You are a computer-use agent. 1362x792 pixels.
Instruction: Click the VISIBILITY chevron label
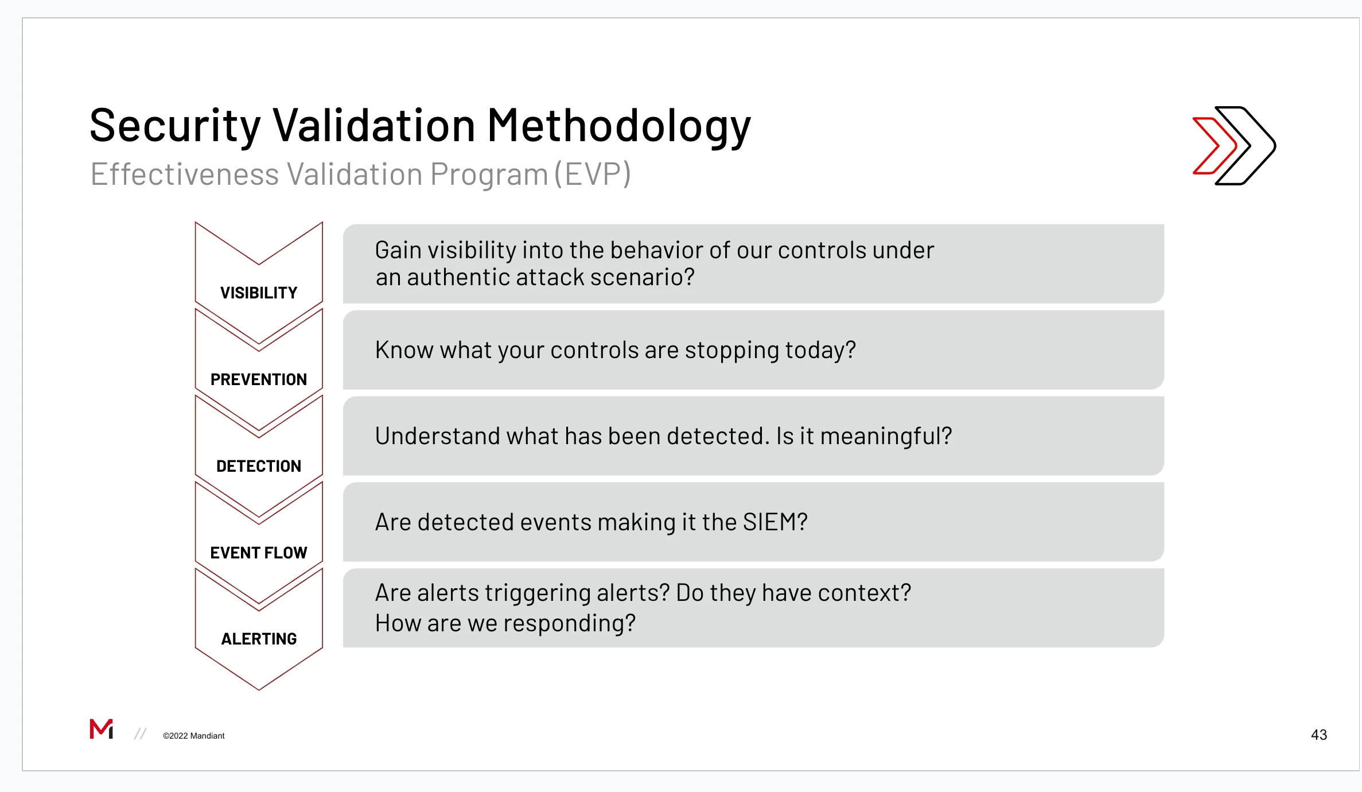(259, 293)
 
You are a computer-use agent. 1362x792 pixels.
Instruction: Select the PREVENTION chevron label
(259, 379)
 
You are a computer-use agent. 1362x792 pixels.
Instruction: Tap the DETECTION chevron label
(259, 466)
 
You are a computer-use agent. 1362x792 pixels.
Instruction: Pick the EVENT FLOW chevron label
(259, 553)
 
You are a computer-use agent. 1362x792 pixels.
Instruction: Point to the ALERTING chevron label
(259, 639)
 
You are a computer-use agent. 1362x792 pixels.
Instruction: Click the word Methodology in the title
(619, 126)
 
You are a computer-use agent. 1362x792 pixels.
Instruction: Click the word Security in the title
(175, 126)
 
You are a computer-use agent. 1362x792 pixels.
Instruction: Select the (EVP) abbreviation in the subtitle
(593, 174)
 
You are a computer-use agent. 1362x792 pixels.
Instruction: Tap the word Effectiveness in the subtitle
(185, 174)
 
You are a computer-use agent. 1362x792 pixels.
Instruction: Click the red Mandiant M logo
(102, 729)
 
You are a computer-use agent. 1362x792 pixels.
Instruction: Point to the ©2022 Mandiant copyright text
(194, 736)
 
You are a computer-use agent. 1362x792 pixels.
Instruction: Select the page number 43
(1319, 735)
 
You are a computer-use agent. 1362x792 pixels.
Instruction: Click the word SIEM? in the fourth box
(775, 522)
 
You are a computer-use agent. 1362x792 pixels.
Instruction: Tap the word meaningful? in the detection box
(886, 437)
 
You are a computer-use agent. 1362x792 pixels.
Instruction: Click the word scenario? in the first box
(643, 277)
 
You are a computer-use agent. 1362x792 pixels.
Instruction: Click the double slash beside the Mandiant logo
(141, 734)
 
